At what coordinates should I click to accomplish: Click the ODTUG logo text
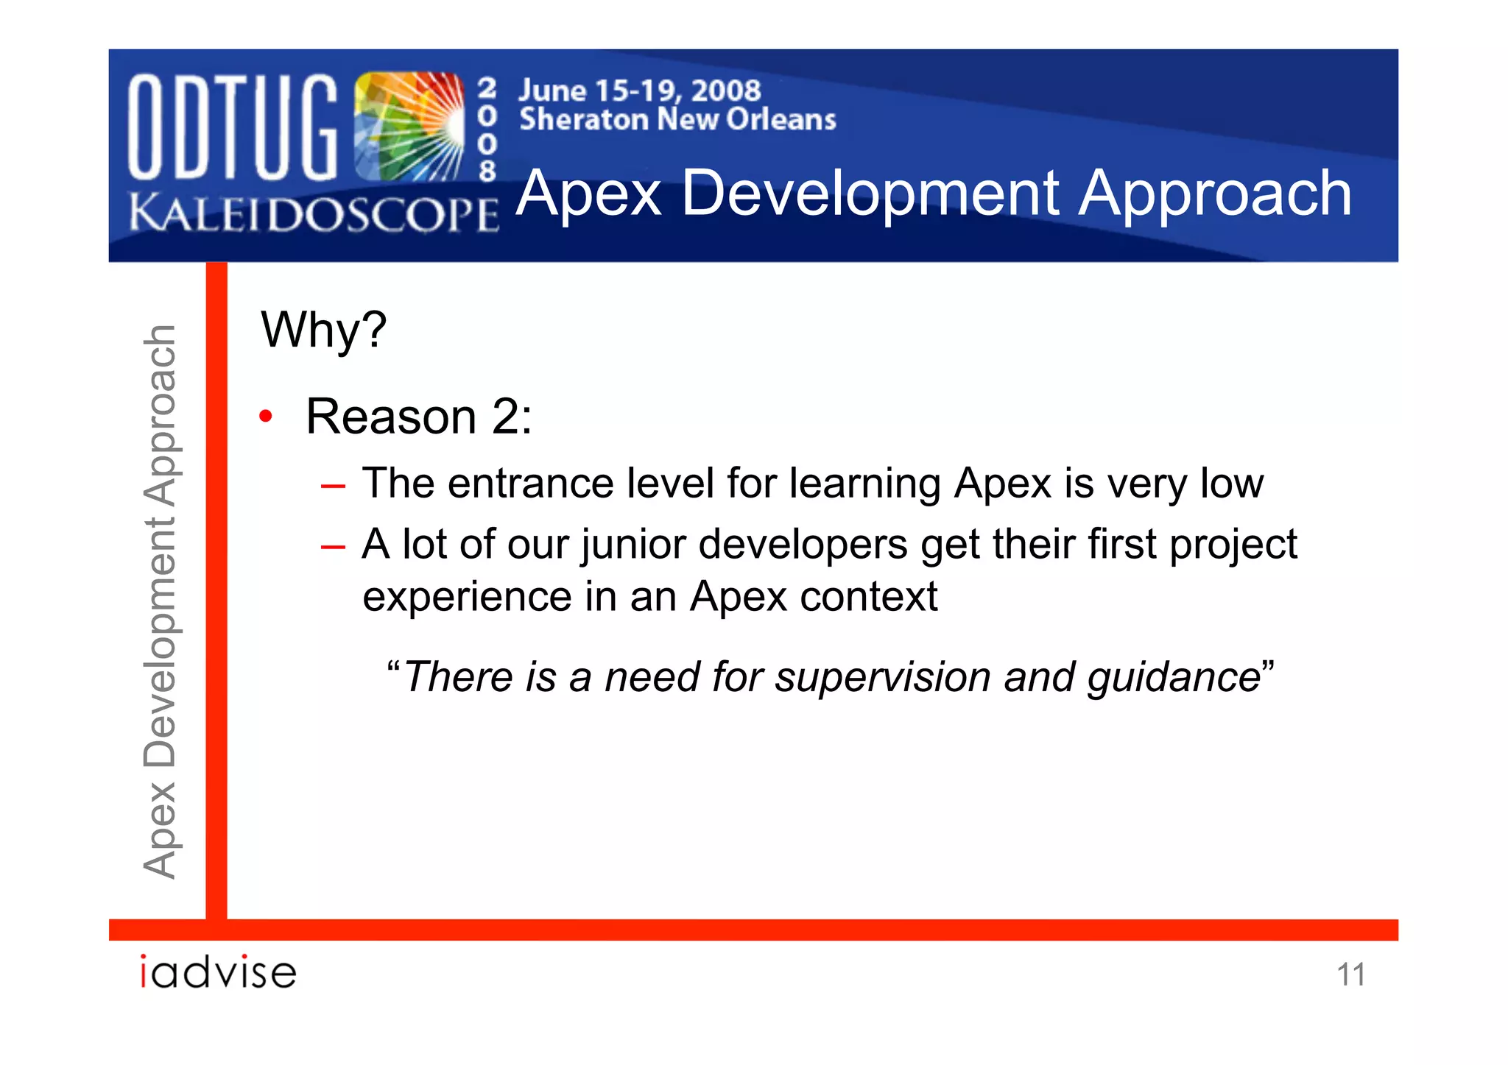[233, 127]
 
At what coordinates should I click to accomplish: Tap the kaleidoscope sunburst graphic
[409, 127]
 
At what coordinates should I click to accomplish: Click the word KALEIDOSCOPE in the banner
[314, 213]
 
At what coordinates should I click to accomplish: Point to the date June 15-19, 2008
[639, 91]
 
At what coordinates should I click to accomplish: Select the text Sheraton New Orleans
[677, 119]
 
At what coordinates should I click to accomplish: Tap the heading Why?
[324, 330]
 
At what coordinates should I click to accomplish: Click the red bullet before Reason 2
[266, 417]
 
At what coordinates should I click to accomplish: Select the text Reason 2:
[418, 417]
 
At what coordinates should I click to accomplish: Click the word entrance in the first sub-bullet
[530, 484]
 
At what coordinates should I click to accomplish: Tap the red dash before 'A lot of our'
[333, 546]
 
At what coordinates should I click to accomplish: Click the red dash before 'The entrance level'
[333, 486]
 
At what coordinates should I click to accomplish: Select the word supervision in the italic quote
[882, 677]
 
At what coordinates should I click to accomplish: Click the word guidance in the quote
[1174, 677]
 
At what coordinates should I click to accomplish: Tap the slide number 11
[1350, 974]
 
